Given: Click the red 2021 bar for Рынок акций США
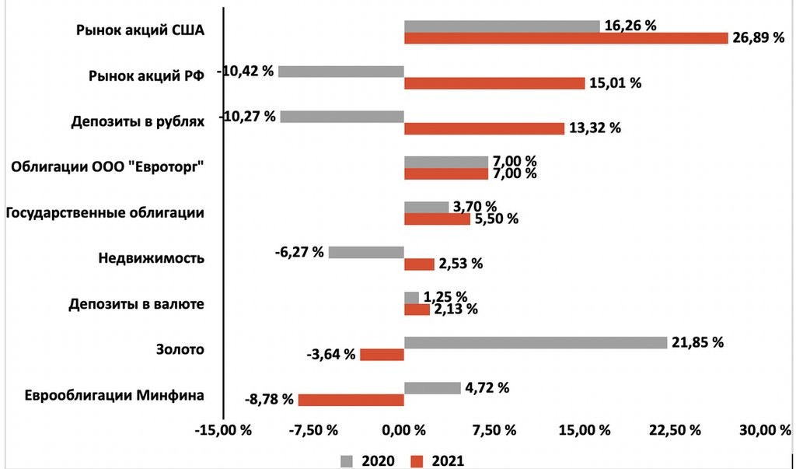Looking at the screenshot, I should point(566,38).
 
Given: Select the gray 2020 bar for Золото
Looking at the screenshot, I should point(536,342).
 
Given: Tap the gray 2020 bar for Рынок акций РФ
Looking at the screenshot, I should point(341,72).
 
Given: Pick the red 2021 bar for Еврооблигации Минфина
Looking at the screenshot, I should point(351,400).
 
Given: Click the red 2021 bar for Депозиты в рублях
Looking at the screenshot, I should point(484,128).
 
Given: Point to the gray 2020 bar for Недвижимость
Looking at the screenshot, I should point(366,252).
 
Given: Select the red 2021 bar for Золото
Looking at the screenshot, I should point(382,355).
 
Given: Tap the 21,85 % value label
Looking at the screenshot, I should point(697,342).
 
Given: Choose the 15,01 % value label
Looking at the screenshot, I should point(615,83).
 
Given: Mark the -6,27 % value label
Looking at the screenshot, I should point(299,252).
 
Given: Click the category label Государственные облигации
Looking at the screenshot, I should point(105,212).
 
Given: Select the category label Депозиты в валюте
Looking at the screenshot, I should point(136,304).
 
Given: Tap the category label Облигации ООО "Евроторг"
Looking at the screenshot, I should point(108,167).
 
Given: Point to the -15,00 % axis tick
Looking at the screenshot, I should point(226,430).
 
